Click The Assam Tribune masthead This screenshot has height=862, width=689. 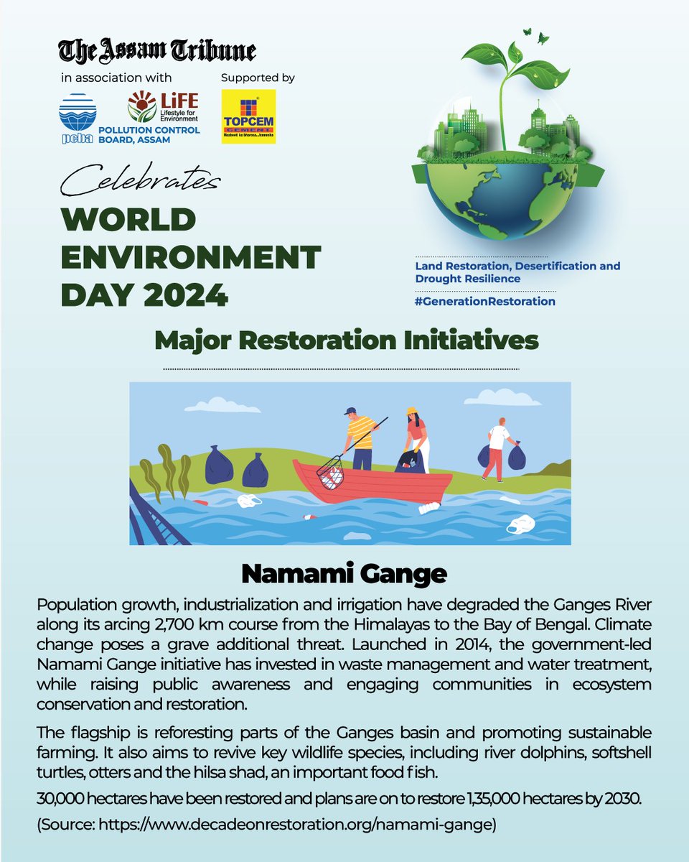[157, 51]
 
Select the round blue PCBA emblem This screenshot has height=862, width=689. [77, 115]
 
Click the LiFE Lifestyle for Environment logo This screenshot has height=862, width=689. [163, 106]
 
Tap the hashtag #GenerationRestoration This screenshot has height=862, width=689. [485, 301]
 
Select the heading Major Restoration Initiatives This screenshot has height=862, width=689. [346, 340]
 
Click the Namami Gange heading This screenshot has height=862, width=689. [344, 573]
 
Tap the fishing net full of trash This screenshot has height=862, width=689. [330, 472]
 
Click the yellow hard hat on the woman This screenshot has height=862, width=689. [411, 411]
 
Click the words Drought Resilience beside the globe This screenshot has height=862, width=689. [468, 278]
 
